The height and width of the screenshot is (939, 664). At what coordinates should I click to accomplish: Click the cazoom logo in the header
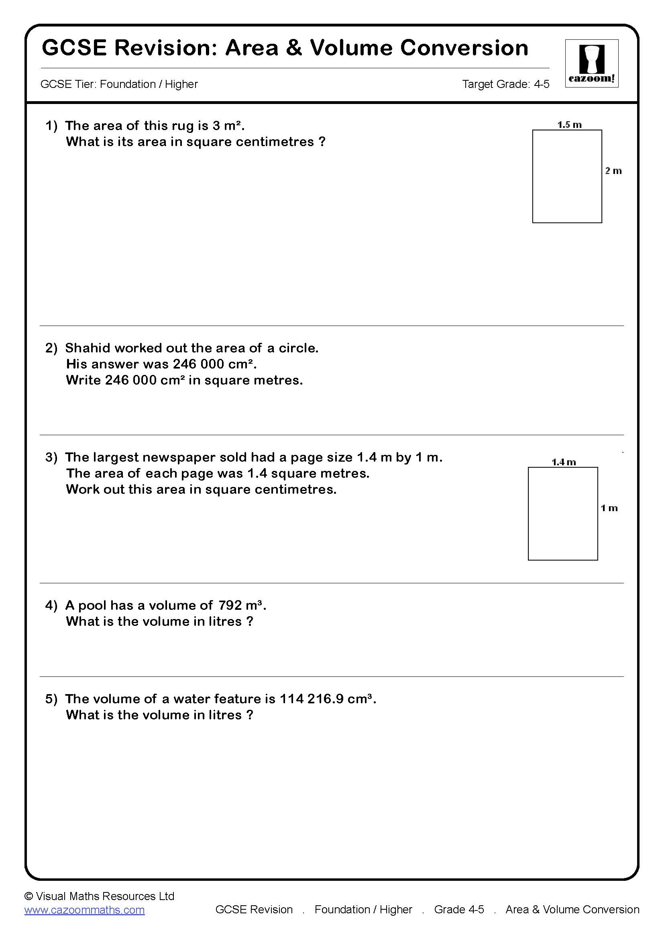(591, 63)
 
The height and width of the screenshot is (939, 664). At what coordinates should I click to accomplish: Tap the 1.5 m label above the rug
(569, 124)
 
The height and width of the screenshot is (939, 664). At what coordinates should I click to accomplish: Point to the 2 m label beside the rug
(613, 171)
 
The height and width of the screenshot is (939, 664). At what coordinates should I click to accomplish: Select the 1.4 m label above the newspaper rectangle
(563, 462)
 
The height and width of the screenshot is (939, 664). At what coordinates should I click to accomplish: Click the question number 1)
(51, 126)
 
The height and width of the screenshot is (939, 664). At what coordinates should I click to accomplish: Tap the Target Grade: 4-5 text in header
(505, 84)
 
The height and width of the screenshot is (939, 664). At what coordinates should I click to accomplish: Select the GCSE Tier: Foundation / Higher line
(119, 84)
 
